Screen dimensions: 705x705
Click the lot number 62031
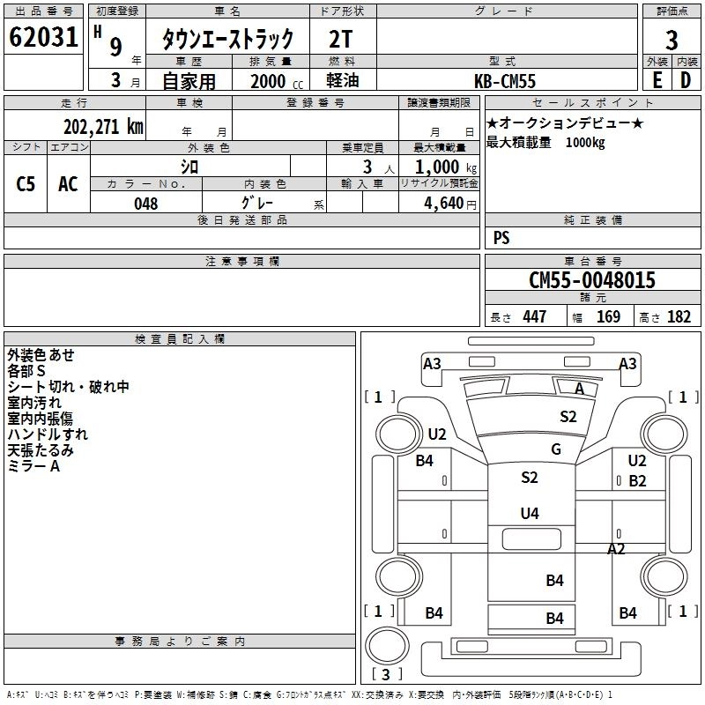coord(43,37)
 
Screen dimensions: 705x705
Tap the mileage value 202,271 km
coord(103,127)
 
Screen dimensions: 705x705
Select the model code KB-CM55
coord(505,81)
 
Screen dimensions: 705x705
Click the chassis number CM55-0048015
coord(592,280)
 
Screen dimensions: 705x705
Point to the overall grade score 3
coord(672,41)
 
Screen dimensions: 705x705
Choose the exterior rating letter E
coord(657,80)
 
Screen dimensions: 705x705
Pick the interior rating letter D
coord(686,80)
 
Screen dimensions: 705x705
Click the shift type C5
coord(26,184)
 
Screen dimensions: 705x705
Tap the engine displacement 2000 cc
coord(277,81)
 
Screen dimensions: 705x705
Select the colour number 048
coord(146,204)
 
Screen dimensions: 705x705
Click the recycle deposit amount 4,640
coord(444,204)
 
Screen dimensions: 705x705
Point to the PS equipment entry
coord(501,238)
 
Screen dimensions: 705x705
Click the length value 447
coord(535,316)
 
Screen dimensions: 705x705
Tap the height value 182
coord(679,316)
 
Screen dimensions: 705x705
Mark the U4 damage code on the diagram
coord(530,513)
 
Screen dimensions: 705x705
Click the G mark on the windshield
coord(556,449)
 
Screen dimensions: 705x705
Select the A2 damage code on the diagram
coord(616,548)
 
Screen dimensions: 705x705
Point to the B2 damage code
coord(637,481)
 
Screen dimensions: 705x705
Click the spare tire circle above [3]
coord(387,645)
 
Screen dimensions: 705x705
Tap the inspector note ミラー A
coord(33,466)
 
